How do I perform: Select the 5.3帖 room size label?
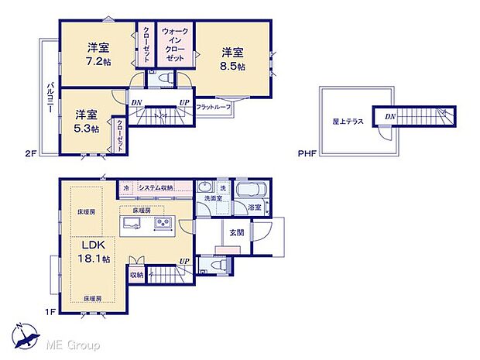tap(87, 129)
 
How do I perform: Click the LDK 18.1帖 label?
tap(91, 255)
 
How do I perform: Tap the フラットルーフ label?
tap(213, 106)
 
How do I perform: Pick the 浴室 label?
tap(254, 207)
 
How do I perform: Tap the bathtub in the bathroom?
tap(250, 191)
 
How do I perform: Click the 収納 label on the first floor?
tap(136, 274)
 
